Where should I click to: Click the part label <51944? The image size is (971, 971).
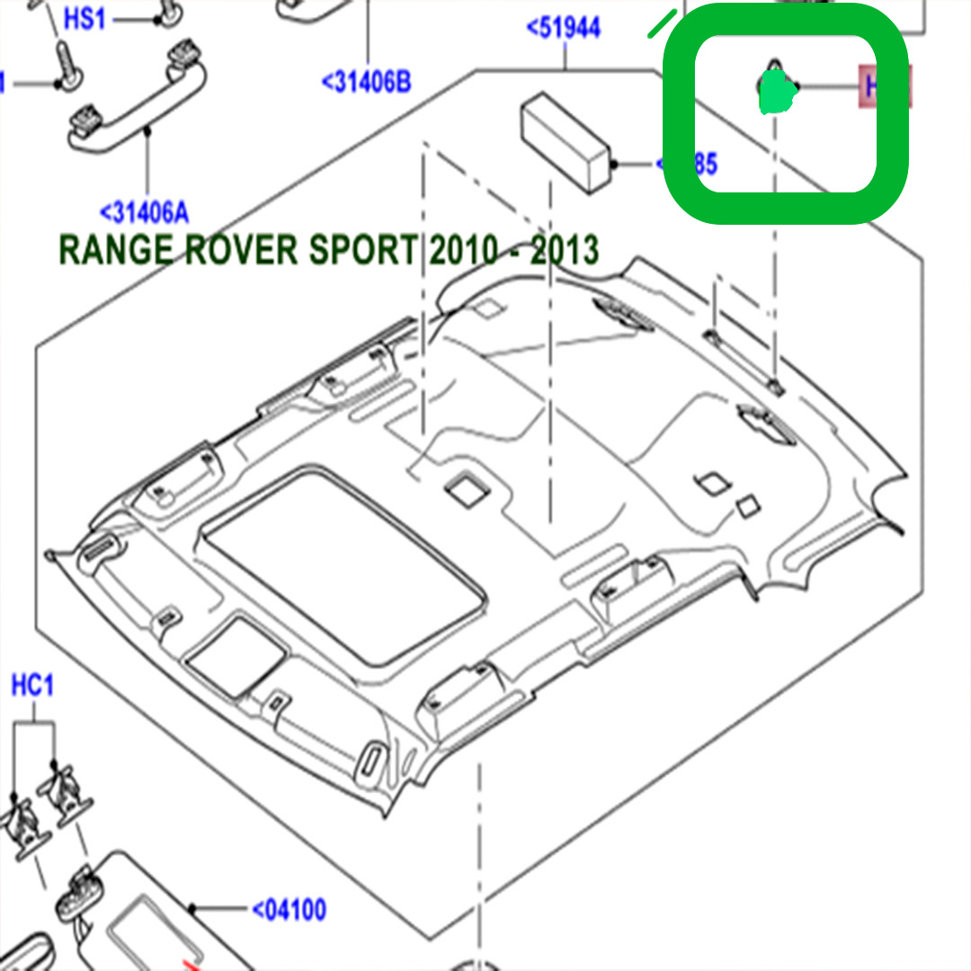[564, 28]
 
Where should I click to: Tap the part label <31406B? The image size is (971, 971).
[367, 84]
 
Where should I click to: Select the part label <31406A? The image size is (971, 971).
[144, 213]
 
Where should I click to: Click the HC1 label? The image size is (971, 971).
[33, 687]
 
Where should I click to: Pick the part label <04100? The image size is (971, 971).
[289, 910]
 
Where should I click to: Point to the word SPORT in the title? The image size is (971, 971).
[365, 250]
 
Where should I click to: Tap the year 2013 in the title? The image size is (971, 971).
[565, 250]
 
